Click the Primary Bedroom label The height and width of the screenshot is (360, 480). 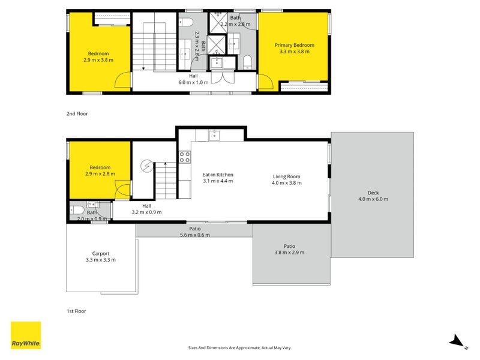[x=294, y=46]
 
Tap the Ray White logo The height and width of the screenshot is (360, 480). [x=26, y=335]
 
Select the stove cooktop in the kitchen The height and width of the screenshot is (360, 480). [x=185, y=157]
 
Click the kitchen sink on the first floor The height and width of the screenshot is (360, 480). [x=214, y=135]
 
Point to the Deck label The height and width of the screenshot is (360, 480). [x=373, y=193]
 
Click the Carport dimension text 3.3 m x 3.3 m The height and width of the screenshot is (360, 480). [x=101, y=260]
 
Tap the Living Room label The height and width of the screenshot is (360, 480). [x=287, y=176]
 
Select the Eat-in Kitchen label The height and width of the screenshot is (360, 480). [x=218, y=175]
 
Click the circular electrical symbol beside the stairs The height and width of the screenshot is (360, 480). [x=146, y=166]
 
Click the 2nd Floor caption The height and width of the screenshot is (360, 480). [x=77, y=114]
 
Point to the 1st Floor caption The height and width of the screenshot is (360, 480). [x=76, y=311]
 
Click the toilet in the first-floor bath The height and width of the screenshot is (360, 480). [x=77, y=211]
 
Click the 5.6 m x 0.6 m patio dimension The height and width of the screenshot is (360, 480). [x=194, y=235]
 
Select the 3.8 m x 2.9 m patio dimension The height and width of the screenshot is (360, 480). [x=289, y=253]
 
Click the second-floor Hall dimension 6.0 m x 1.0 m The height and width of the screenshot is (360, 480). [x=193, y=82]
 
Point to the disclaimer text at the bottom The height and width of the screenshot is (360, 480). [x=239, y=348]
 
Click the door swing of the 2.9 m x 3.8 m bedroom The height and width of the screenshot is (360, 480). [x=123, y=80]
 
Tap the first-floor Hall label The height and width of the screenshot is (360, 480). [x=146, y=206]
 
